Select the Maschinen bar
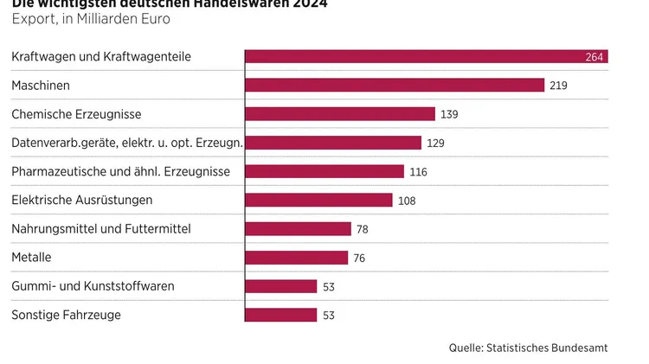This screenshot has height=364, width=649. coord(395,86)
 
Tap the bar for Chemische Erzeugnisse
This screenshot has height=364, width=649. coord(340,114)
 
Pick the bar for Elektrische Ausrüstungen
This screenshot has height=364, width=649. coord(319,200)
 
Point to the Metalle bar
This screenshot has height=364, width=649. coord(297,258)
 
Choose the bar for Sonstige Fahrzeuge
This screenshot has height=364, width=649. coord(281,315)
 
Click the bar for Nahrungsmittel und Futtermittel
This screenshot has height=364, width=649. coord(299,229)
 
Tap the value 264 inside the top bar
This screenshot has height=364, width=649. coord(594,58)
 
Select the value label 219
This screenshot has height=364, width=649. coord(558,86)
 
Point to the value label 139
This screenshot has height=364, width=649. coord(449,114)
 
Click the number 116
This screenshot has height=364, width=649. coord(418,172)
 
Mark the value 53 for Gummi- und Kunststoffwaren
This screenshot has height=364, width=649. coord(329,286)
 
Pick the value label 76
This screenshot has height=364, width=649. coord(359,258)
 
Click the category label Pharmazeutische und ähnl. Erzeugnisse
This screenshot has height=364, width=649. coord(120,171)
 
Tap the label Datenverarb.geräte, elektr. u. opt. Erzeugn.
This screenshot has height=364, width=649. coord(126,143)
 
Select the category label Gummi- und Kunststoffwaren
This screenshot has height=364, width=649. coord(93,286)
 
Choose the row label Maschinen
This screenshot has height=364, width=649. coord(41,86)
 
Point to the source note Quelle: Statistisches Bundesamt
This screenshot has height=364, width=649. coord(528,348)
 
